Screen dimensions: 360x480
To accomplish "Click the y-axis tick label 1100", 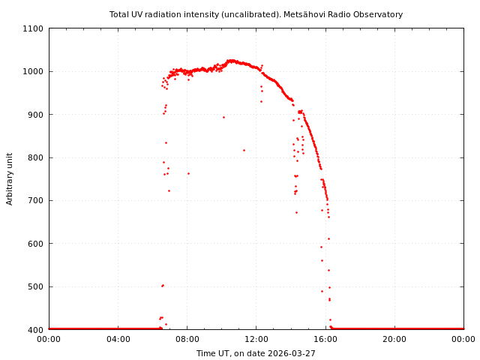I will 34,28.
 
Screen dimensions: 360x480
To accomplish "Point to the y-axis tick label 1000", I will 34,71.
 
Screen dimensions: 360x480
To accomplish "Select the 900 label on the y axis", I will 36,115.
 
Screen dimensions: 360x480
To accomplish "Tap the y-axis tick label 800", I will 36,157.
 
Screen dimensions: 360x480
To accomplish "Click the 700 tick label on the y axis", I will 36,200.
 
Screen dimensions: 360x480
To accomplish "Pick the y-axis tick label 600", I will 36,244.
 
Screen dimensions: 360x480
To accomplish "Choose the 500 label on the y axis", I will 36,286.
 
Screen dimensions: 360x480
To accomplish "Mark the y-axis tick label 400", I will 36,330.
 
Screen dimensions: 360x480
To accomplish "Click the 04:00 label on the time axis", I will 118,339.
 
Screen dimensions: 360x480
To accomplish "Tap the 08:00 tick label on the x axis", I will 187,339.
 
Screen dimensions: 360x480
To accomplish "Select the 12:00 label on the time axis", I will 256,339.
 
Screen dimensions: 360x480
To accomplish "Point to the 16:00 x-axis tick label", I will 325,339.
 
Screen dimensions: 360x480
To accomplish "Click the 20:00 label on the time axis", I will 394,339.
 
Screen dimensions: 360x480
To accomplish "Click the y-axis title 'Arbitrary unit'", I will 10,179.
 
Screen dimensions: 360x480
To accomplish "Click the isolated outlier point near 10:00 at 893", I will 223,117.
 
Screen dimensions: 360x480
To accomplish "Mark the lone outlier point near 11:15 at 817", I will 244,150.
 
